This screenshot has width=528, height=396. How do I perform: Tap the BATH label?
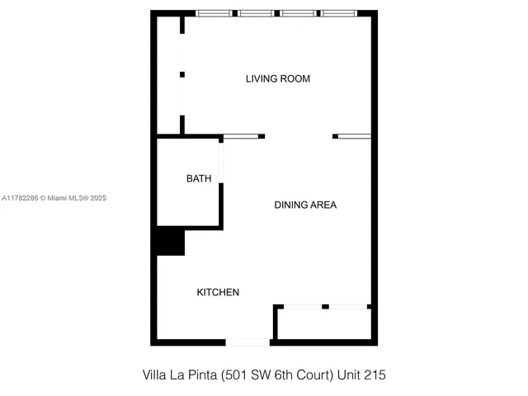[x=198, y=178]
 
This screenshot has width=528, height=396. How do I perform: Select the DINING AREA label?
[x=305, y=205]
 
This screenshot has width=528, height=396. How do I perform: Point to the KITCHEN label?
[x=218, y=292]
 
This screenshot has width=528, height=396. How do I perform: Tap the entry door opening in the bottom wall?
[x=247, y=342]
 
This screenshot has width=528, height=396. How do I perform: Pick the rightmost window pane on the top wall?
[x=339, y=13]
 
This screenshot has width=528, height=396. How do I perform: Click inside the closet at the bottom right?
[x=324, y=324]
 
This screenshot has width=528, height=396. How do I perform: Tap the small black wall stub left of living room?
[x=181, y=75]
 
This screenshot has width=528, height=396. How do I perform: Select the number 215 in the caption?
[x=375, y=375]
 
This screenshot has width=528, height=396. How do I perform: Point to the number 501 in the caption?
[x=233, y=375]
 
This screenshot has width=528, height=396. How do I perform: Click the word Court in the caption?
[x=313, y=375]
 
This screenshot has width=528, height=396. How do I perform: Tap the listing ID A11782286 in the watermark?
[x=22, y=198]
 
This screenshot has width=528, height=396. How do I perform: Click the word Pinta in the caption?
[x=200, y=375]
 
